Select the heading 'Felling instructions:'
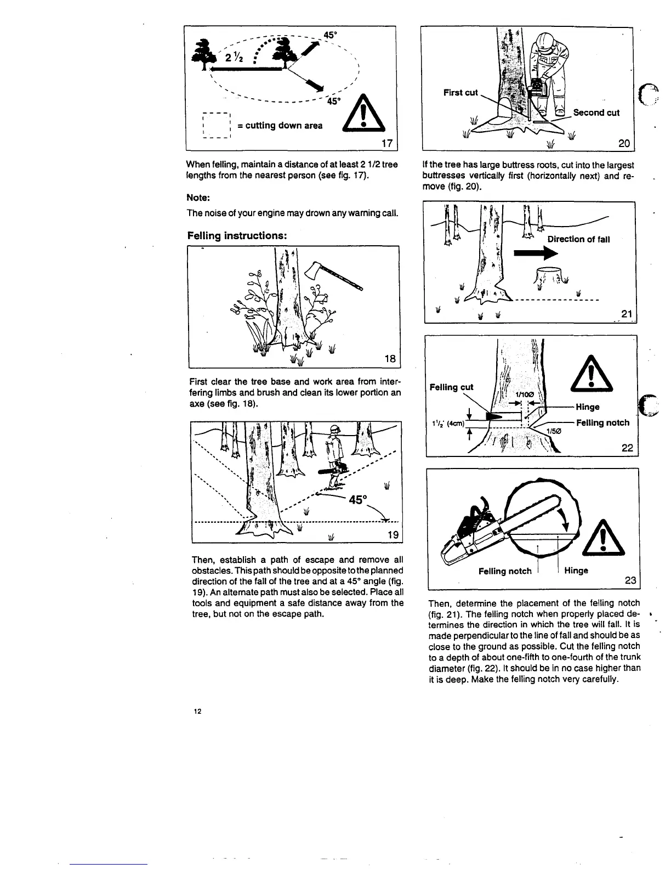point(237,235)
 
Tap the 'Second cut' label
point(596,112)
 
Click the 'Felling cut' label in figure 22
point(451,387)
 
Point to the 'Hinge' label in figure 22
point(587,407)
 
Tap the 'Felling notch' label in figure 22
point(602,422)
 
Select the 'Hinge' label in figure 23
point(576,571)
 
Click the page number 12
point(197,712)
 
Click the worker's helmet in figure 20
point(544,39)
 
